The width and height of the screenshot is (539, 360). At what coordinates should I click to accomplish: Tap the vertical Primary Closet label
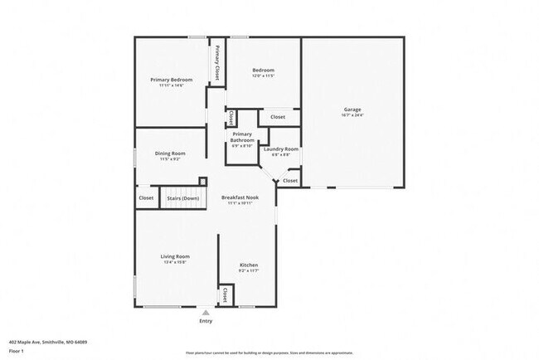pyautogui.click(x=217, y=61)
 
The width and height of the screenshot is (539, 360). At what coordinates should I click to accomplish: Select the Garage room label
pyautogui.click(x=352, y=109)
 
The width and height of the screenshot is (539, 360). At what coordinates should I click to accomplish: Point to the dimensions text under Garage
pyautogui.click(x=352, y=115)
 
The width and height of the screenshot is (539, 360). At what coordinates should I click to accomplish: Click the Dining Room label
pyautogui.click(x=171, y=153)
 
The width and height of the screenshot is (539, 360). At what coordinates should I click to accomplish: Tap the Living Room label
pyautogui.click(x=175, y=256)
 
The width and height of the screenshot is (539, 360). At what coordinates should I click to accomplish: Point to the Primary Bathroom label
pyautogui.click(x=242, y=137)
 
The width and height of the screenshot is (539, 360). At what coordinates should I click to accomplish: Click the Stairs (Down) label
pyautogui.click(x=183, y=198)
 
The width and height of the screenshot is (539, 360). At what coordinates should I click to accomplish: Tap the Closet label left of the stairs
pyautogui.click(x=146, y=198)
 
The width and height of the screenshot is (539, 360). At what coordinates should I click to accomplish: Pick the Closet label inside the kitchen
pyautogui.click(x=225, y=294)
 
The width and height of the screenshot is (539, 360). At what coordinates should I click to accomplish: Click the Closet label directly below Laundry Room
pyautogui.click(x=289, y=180)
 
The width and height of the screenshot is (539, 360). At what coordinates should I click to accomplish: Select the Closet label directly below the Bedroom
pyautogui.click(x=277, y=117)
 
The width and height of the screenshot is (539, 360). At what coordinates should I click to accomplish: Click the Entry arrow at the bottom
pyautogui.click(x=206, y=312)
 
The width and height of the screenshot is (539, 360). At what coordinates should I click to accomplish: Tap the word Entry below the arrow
pyautogui.click(x=206, y=321)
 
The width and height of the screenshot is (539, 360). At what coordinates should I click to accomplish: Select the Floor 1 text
pyautogui.click(x=17, y=350)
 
